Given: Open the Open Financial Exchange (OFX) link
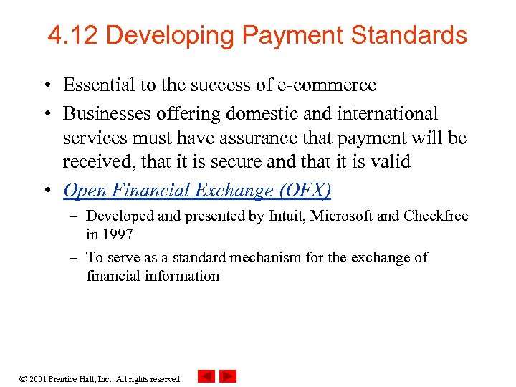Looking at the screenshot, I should click(197, 190).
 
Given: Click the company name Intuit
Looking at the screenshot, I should click(288, 216).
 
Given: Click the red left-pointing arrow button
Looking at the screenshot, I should click(206, 376).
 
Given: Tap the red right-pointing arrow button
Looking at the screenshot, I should click(228, 376).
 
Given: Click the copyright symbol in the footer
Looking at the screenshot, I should click(24, 378).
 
